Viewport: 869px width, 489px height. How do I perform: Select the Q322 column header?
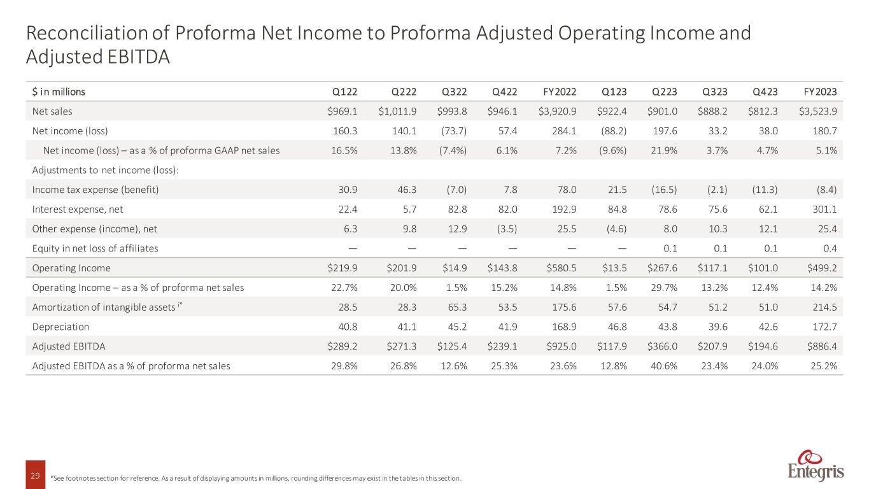pyautogui.click(x=455, y=92)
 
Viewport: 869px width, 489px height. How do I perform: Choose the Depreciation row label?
pyautogui.click(x=60, y=327)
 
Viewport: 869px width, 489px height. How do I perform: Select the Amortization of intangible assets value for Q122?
pyautogui.click(x=347, y=307)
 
